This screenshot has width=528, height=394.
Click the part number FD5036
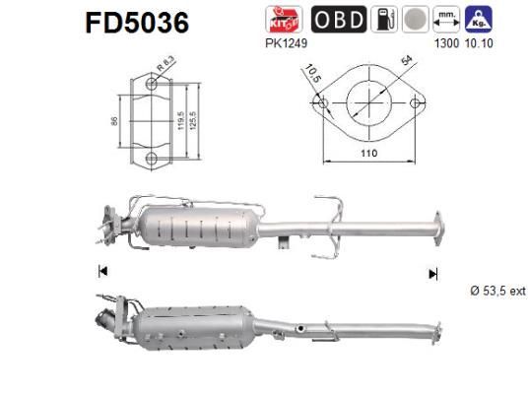pos(138,22)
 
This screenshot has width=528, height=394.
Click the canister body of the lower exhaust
pos(197,330)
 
